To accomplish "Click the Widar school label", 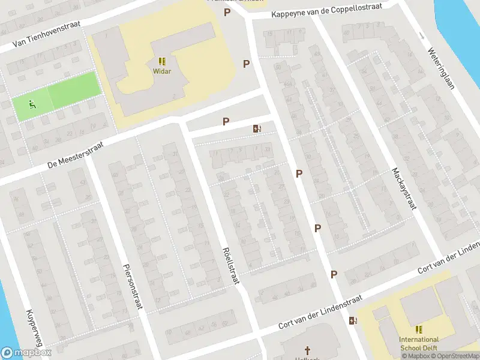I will pos(162,71).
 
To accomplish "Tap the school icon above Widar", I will pos(162,61).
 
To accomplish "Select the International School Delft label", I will pos(419,343).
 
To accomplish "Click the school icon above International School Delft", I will pos(419,329).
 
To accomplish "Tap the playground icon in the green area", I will pos(31,106).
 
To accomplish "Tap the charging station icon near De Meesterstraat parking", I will pos(257,128).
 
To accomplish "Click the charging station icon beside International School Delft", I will pos(353,320).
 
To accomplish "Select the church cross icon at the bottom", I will pos(307,350).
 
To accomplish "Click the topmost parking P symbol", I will pos(227,12).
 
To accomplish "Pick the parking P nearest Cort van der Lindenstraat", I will pos(334,274).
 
